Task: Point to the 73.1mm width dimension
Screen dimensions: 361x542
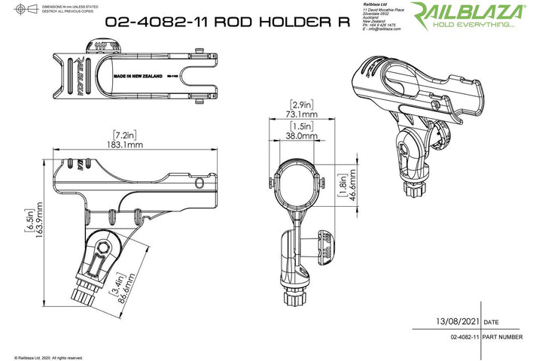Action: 301,114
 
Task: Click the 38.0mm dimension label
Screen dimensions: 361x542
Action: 301,136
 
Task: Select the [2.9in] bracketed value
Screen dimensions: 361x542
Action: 301,104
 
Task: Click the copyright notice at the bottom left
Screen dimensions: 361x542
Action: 48,357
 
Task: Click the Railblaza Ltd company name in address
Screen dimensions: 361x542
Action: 376,5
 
